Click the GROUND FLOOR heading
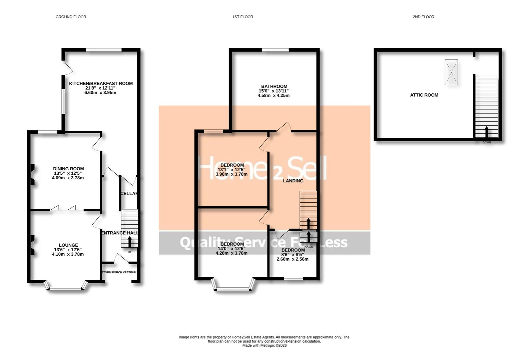71,17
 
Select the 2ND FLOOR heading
423,17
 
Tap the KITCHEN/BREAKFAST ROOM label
101,83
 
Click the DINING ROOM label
68,169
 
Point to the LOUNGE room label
68,245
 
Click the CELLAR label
129,193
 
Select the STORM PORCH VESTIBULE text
119,272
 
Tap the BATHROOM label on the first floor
274,86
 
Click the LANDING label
293,181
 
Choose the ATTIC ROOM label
424,95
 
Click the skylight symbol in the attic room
451,72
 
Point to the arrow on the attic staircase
486,132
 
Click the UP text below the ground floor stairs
129,252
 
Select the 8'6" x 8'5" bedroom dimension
293,255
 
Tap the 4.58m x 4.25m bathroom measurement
274,95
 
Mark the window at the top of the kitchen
104,50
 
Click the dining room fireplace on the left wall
32,174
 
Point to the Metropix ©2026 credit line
264,346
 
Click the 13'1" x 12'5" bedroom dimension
232,170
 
